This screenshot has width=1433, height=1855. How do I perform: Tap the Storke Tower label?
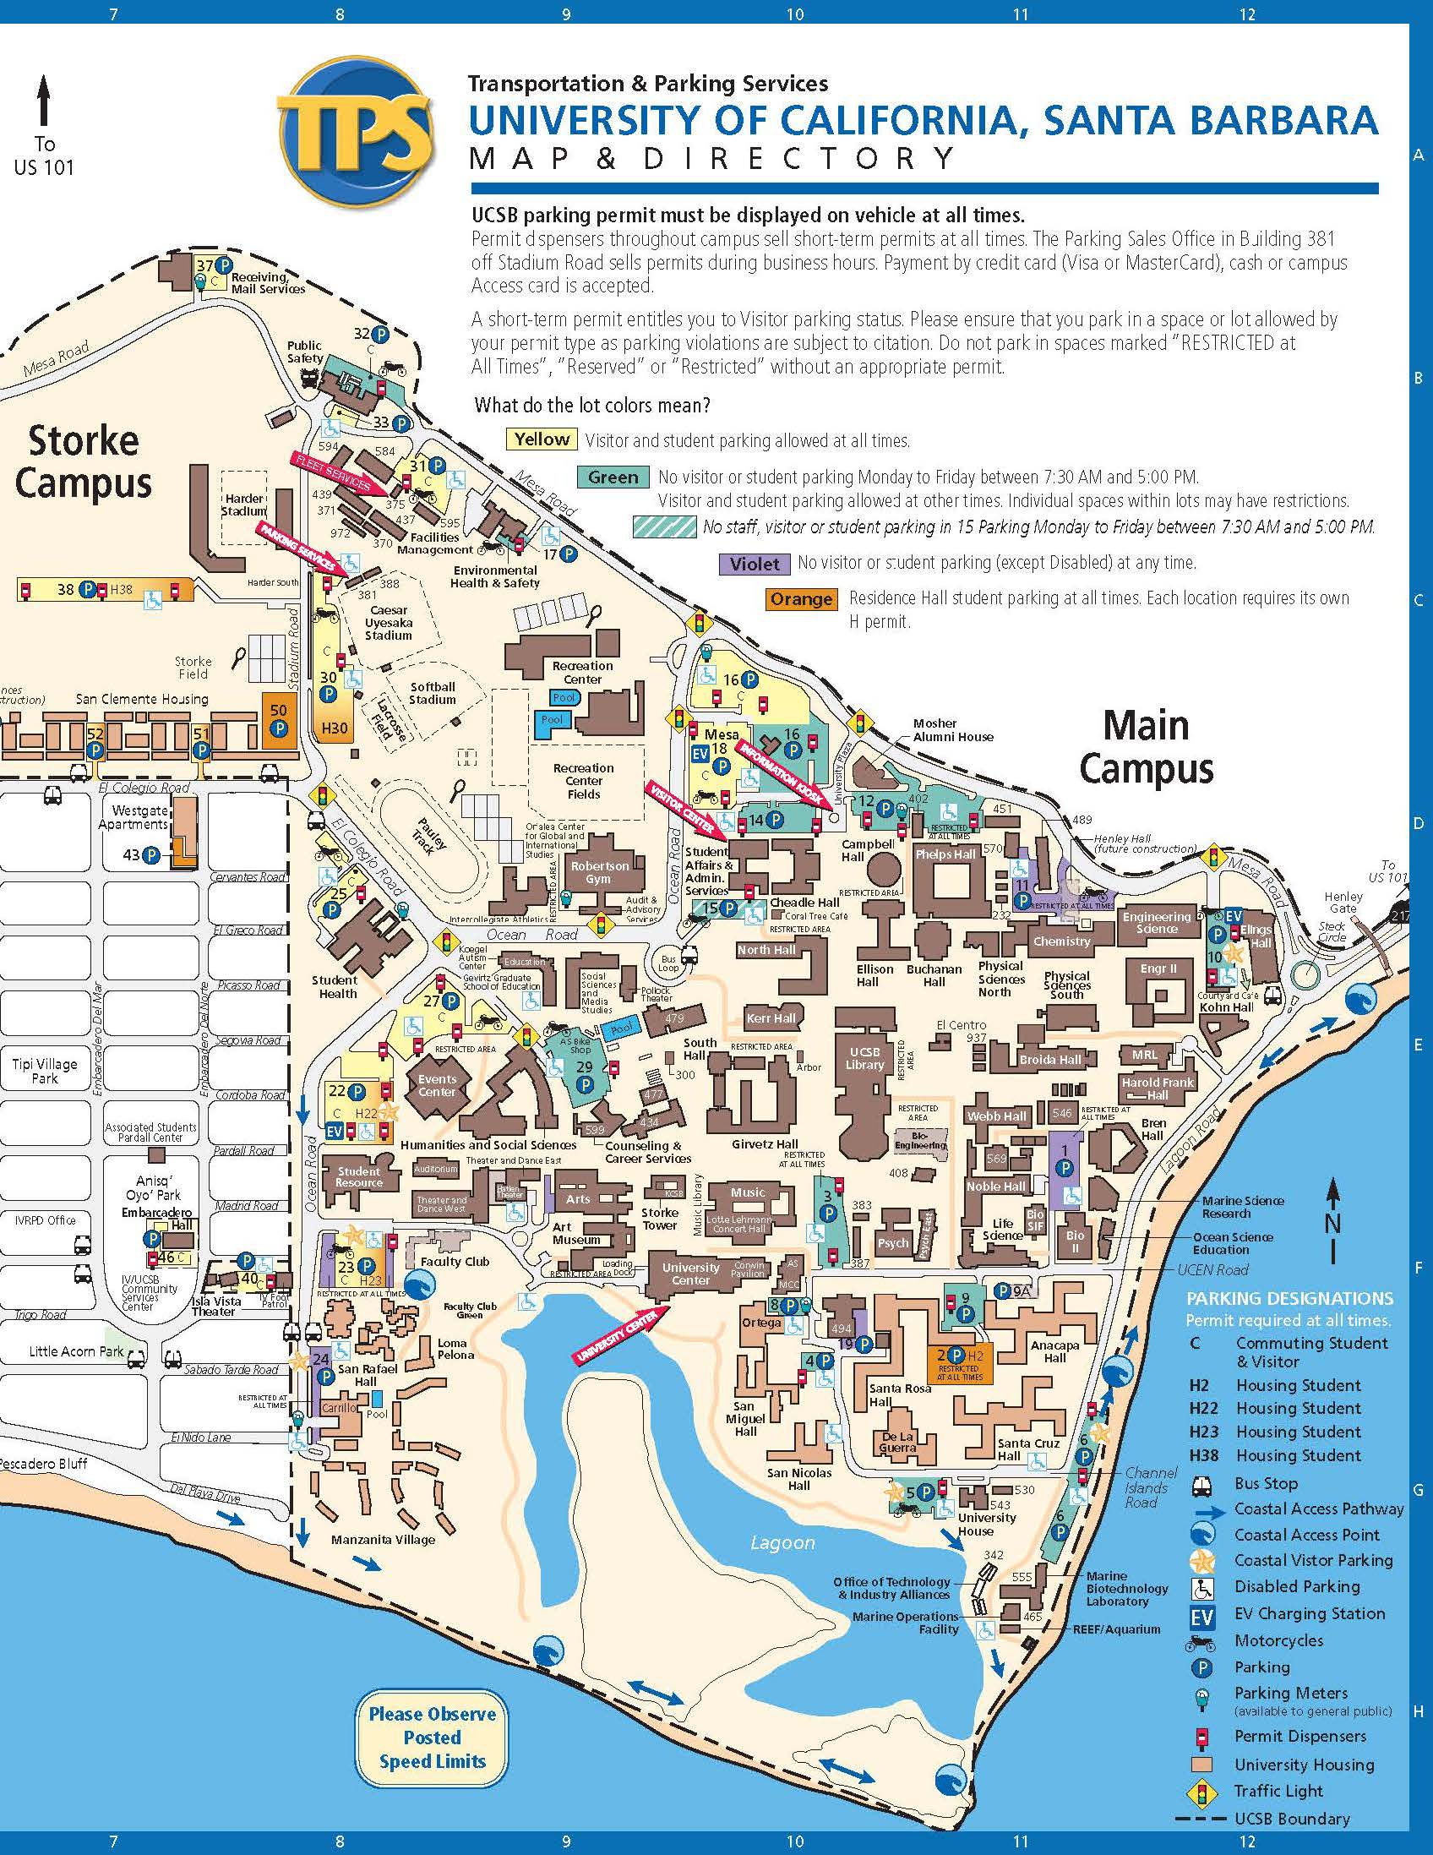[x=660, y=1218]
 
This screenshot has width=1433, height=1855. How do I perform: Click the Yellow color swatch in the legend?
[x=542, y=439]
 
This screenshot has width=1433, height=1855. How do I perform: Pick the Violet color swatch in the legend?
[x=754, y=563]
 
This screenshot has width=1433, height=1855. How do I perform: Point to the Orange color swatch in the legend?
[x=801, y=599]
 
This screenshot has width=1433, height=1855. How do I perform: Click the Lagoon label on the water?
[x=782, y=1543]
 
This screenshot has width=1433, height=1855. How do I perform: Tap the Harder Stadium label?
[x=243, y=505]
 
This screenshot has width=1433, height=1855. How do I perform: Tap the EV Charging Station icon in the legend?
[x=1202, y=1614]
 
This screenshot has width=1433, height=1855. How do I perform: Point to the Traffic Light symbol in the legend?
[x=1202, y=1792]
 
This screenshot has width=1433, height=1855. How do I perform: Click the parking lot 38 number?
[x=65, y=589]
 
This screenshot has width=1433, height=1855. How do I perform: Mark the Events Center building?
[x=436, y=1085]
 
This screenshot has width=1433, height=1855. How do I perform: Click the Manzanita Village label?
[x=383, y=1539]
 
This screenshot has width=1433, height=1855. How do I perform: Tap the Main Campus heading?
[x=1145, y=747]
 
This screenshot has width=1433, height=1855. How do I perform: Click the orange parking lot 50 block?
[x=278, y=719]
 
